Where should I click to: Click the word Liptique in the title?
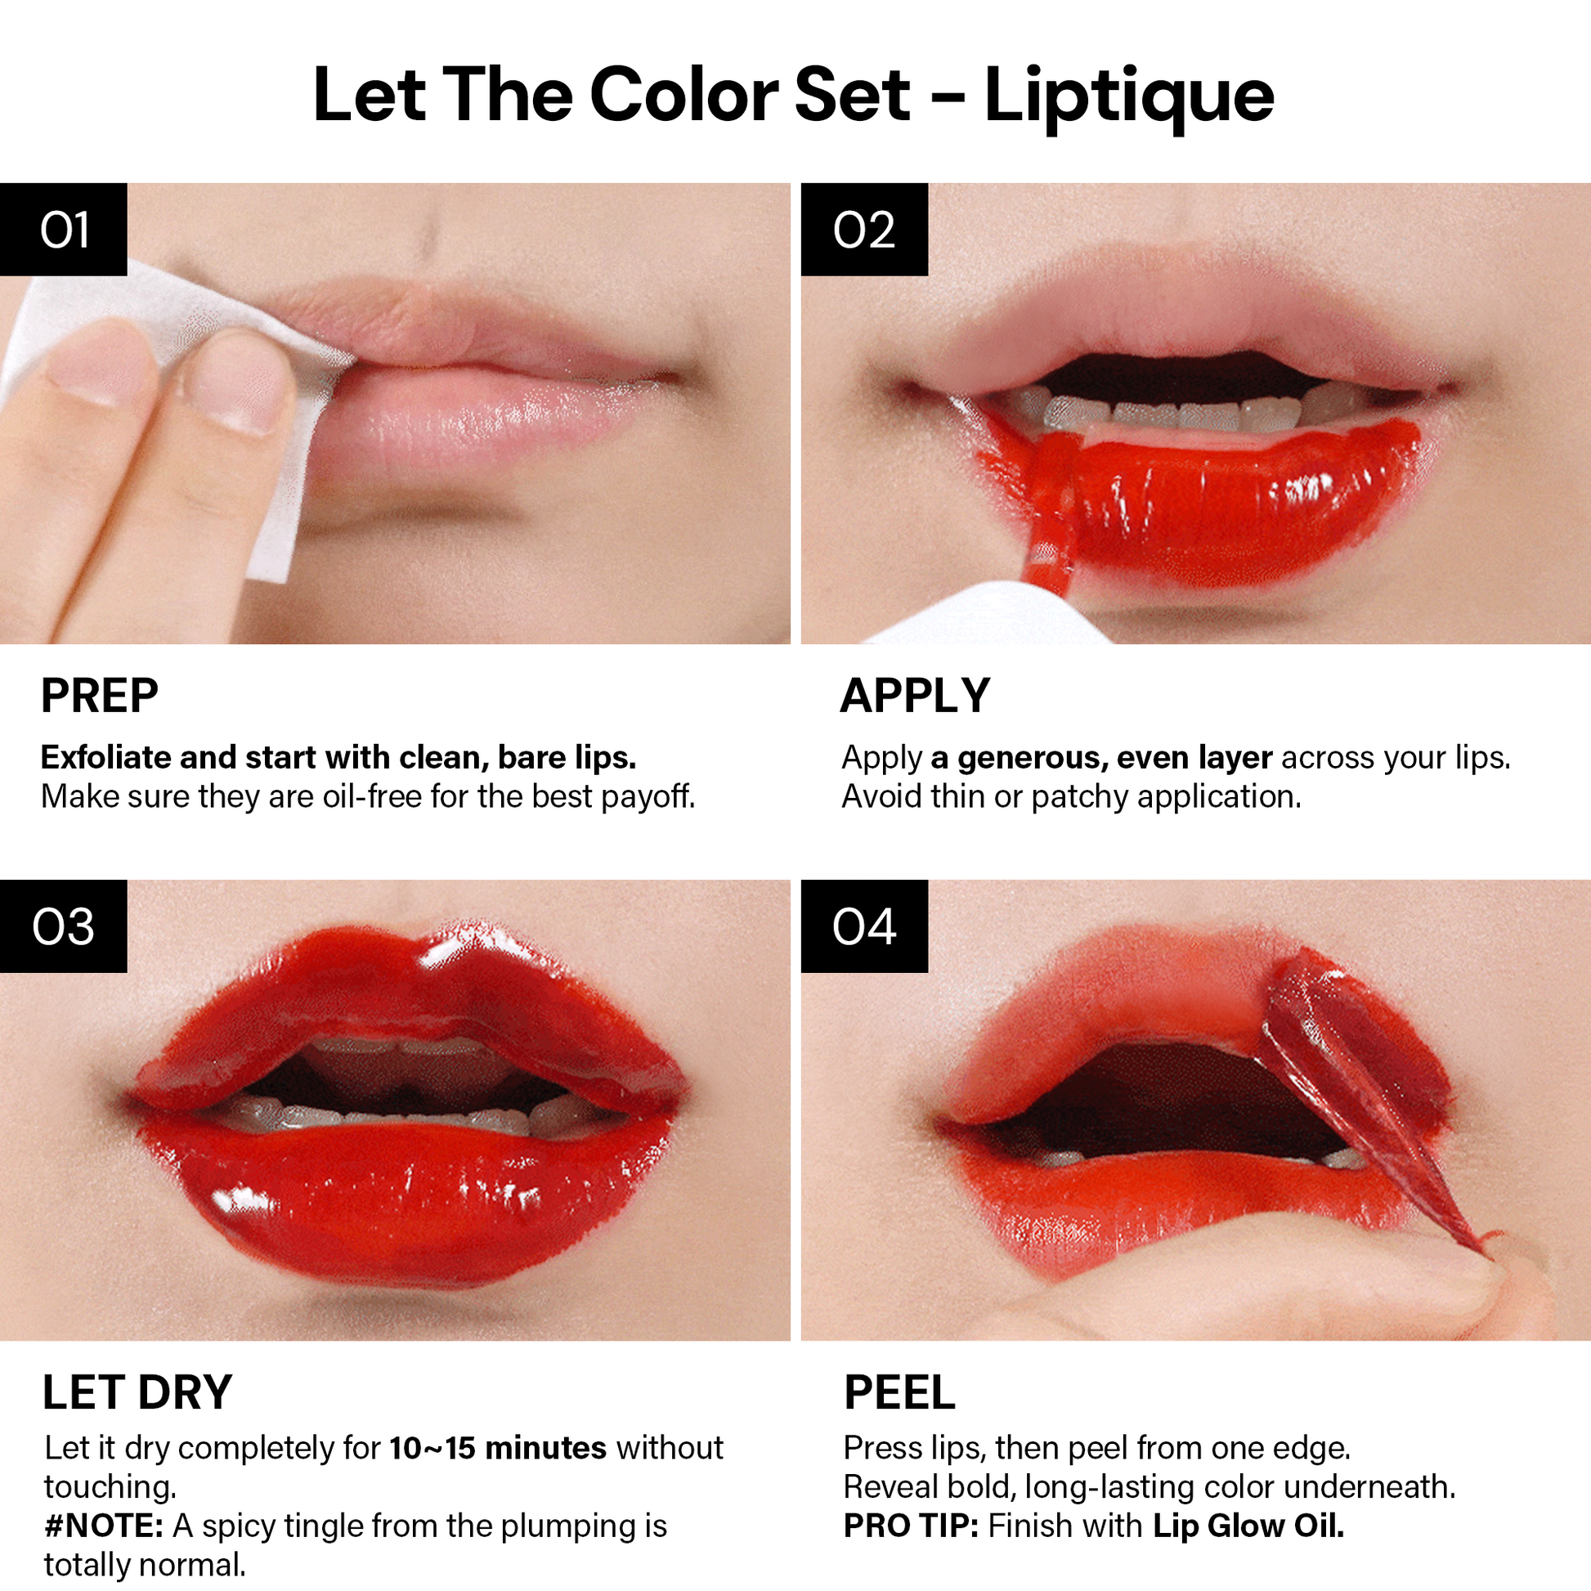(1129, 96)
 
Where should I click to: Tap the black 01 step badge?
(64, 229)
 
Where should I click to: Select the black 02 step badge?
(865, 229)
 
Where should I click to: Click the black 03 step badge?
(64, 925)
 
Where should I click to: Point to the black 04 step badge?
(865, 925)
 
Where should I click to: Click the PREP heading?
(100, 696)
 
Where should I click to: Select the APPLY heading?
(915, 696)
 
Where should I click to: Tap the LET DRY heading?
(137, 1392)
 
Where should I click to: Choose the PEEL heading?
(899, 1392)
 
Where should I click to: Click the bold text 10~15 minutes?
(498, 1448)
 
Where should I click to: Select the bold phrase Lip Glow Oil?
(1248, 1526)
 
